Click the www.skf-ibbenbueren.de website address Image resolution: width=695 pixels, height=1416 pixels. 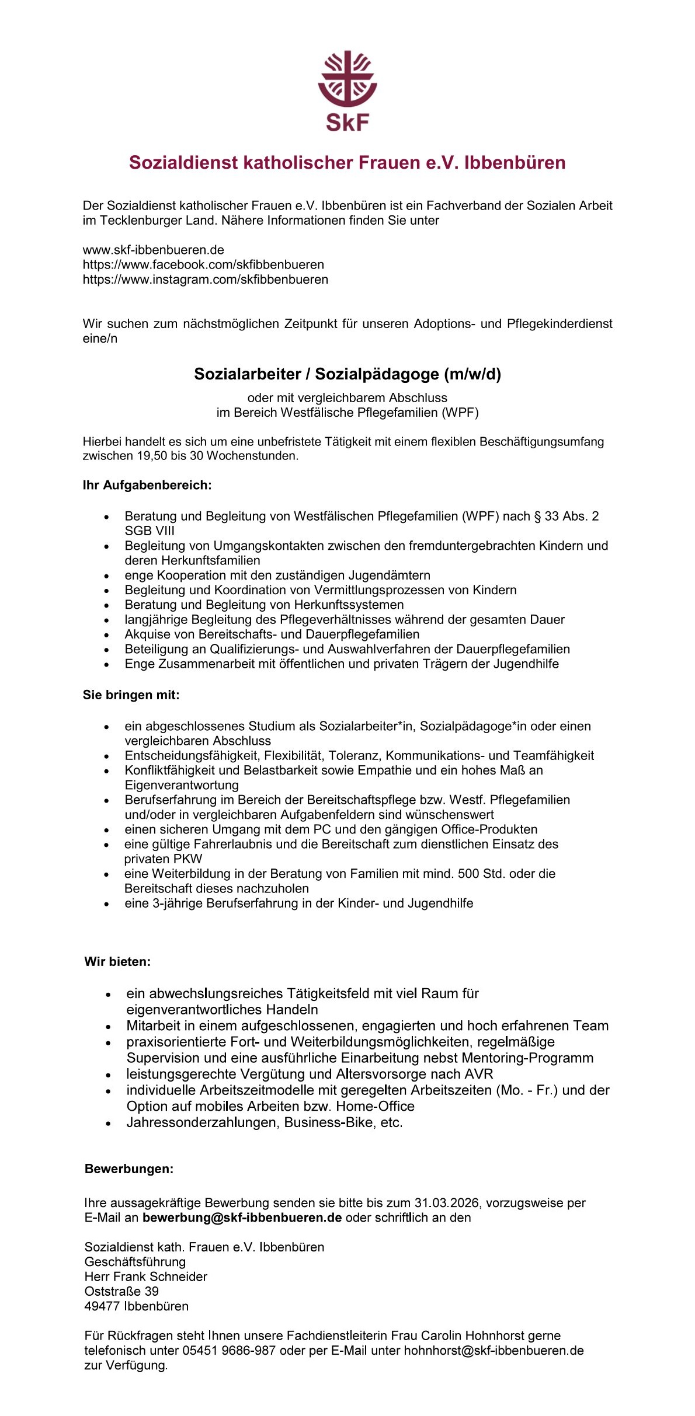pos(153,250)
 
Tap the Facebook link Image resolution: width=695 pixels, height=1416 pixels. pos(203,264)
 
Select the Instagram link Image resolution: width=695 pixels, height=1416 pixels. pos(205,280)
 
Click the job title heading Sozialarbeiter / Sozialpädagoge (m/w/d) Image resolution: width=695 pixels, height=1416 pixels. pos(347,374)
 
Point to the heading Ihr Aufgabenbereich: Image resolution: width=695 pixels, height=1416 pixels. pos(147,485)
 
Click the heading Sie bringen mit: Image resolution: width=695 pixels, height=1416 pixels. pos(131,695)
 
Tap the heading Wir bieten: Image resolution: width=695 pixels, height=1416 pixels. pos(117,961)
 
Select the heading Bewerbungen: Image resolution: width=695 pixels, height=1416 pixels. pos(129,1181)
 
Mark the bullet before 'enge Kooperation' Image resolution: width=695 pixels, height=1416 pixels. pos(106,576)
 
